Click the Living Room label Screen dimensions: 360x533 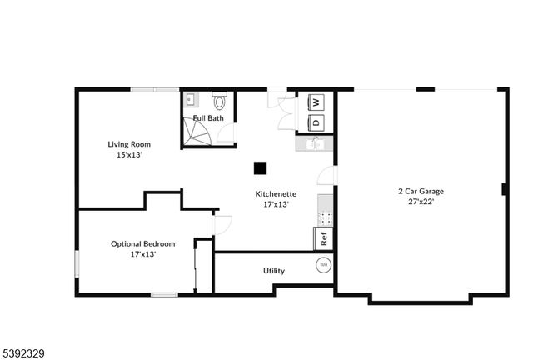128,144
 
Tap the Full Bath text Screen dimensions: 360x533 208,118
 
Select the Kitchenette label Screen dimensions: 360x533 276,194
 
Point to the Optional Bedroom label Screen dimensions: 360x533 143,244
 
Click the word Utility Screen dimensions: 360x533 274,271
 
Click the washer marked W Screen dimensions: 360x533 316,102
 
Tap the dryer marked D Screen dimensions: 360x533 316,122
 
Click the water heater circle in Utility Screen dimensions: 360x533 323,266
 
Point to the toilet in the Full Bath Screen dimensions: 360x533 220,102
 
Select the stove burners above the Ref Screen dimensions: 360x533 326,218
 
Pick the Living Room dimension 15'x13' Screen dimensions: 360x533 128,154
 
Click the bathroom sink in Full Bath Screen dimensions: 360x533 190,99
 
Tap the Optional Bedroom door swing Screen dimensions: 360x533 222,224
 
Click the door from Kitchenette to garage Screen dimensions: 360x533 328,176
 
